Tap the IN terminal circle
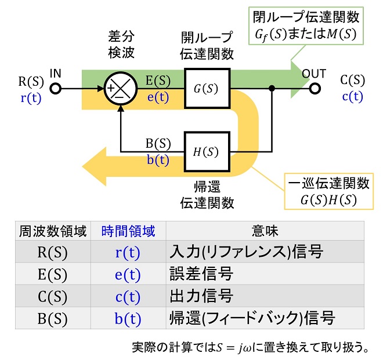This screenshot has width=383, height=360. click(x=56, y=89)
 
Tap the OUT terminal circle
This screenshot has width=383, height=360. click(x=315, y=89)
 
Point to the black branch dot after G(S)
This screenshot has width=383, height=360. click(x=272, y=88)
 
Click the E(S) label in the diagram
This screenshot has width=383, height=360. click(x=158, y=81)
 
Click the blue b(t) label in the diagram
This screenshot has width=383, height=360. click(x=158, y=160)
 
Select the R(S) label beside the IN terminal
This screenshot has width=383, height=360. click(x=31, y=81)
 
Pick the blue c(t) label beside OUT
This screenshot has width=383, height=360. click(x=352, y=96)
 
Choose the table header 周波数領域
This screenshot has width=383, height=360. click(x=53, y=231)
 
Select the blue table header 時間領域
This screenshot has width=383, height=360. click(x=128, y=231)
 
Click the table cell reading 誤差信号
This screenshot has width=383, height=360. click(x=201, y=274)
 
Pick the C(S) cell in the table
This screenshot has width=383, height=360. click(x=52, y=296)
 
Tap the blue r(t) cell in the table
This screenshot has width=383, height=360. click(x=128, y=252)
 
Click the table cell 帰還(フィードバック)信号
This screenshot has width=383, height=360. click(x=252, y=318)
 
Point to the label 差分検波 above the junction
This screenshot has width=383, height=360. click(x=121, y=45)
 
